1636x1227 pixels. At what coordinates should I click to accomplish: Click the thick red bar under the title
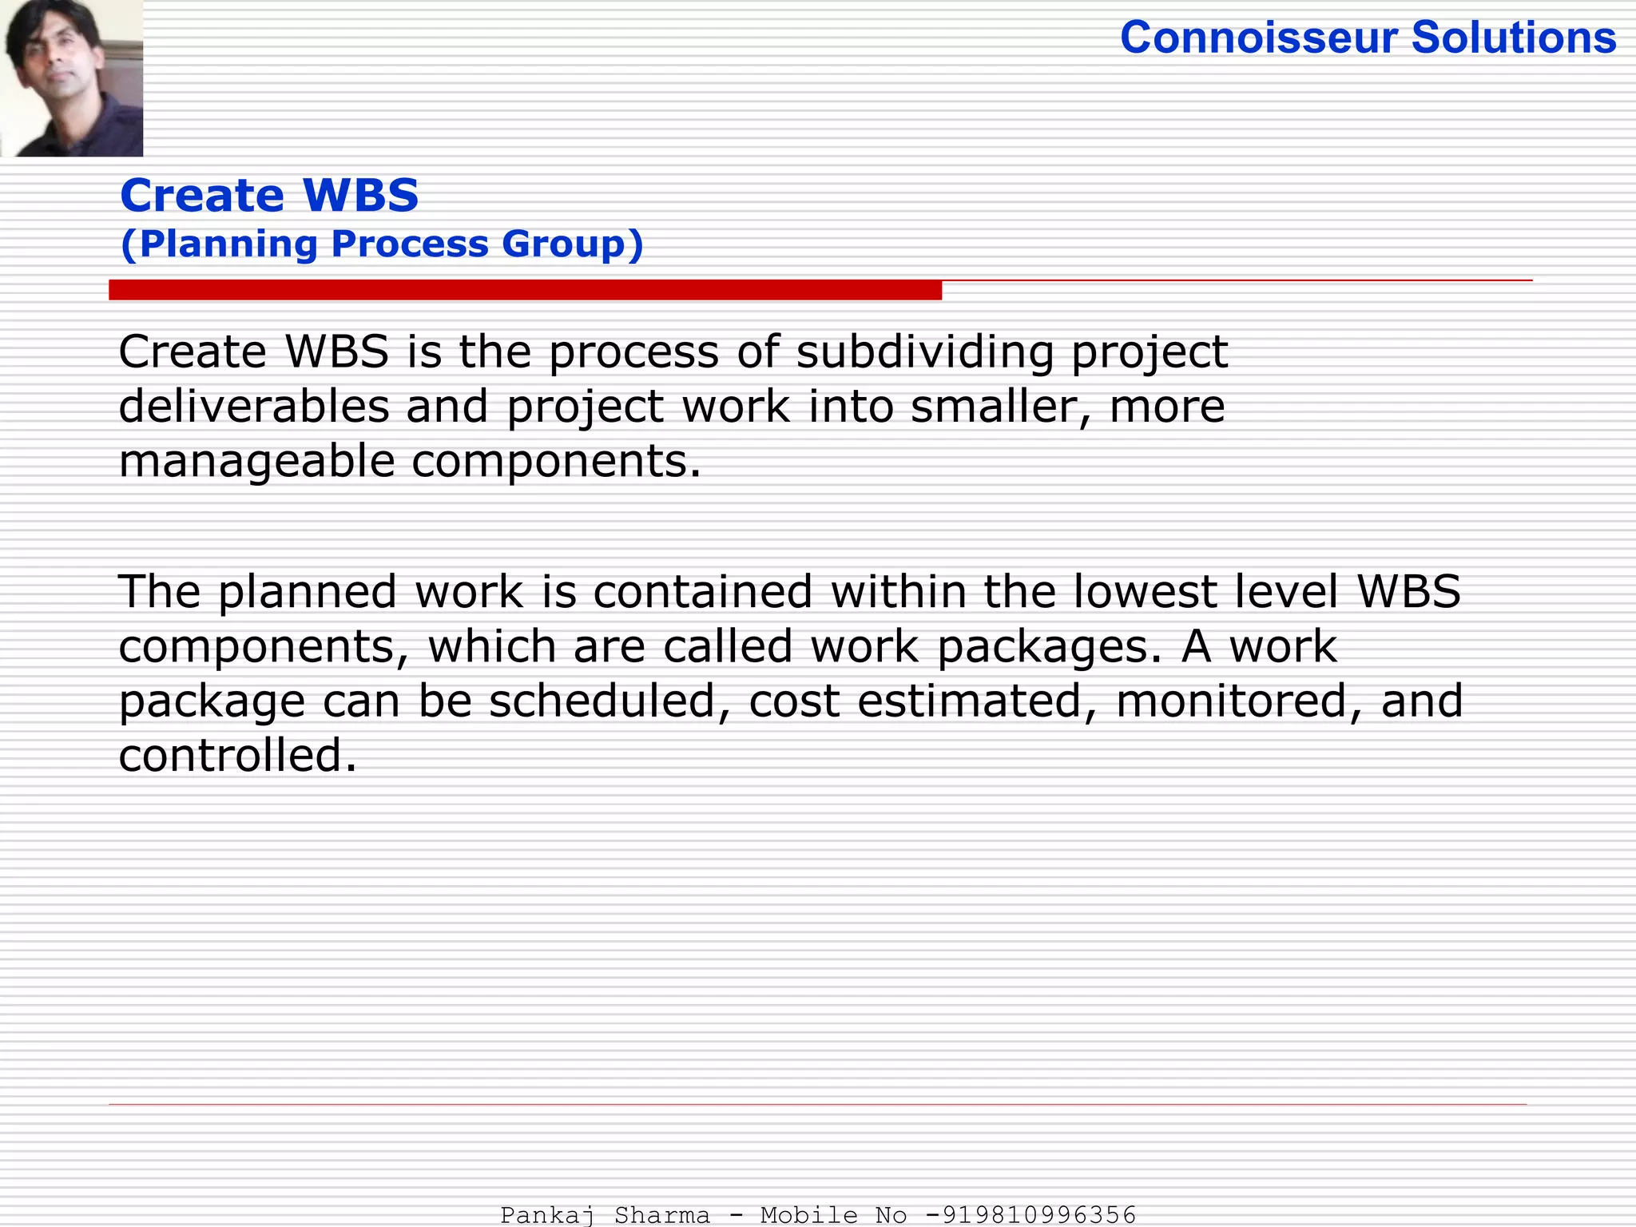click(x=525, y=290)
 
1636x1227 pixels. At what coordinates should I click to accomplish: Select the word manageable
click(x=256, y=462)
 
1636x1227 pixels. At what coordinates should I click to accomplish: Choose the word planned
click(x=308, y=592)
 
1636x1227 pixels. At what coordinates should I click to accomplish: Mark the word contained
click(x=702, y=592)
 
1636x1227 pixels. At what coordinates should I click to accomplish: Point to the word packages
click(x=1049, y=646)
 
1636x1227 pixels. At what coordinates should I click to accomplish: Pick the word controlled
click(x=237, y=755)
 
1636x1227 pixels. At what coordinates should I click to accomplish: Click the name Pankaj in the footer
click(x=548, y=1215)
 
